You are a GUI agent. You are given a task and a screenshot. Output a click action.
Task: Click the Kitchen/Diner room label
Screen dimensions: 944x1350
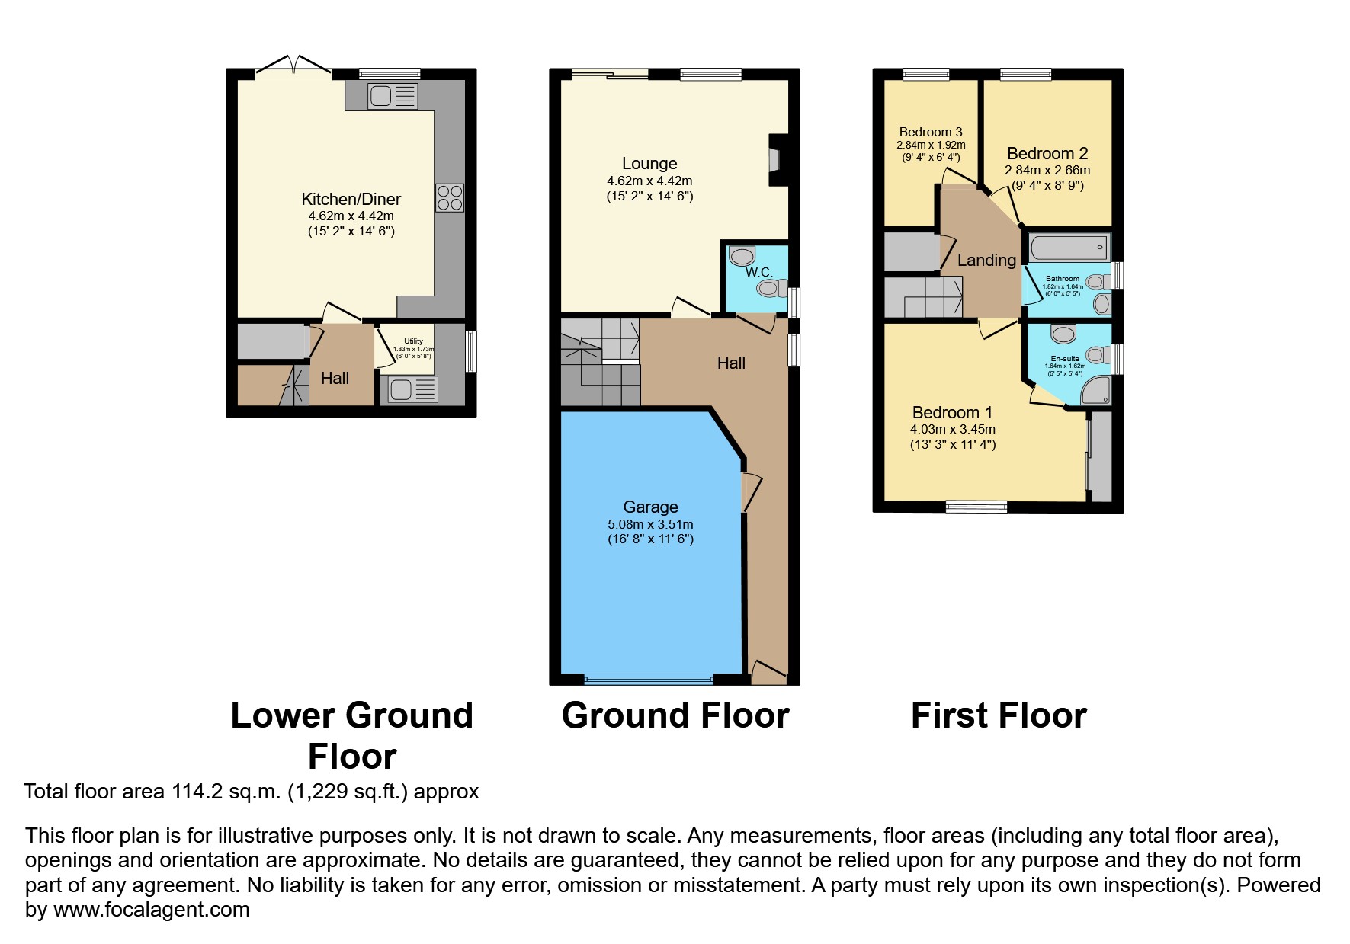[x=351, y=199]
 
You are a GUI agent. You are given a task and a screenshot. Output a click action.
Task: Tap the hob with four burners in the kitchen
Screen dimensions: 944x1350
[x=449, y=198]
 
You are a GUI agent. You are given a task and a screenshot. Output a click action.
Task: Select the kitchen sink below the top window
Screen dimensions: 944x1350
[x=393, y=96]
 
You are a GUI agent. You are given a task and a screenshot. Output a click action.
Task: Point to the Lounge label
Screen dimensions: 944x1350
[x=649, y=163]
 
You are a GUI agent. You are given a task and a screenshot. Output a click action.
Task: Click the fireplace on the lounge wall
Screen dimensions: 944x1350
[x=777, y=160]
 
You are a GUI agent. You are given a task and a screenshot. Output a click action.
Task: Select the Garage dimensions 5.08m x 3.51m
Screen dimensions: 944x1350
[x=650, y=524]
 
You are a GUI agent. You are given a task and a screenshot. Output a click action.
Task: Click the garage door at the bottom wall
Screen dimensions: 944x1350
[x=649, y=678]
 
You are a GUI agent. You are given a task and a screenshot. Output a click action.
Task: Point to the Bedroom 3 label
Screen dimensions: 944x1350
[x=930, y=132]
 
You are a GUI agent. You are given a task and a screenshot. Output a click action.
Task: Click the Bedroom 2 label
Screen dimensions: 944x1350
[x=1047, y=153]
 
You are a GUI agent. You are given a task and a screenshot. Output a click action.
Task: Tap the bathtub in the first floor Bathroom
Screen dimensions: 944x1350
[x=1067, y=248]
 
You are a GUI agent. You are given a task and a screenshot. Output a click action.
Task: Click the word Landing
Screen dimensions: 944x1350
[x=986, y=260]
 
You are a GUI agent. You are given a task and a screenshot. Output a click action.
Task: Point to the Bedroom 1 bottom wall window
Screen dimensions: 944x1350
[x=976, y=506]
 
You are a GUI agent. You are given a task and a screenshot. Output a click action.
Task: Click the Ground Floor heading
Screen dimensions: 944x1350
[x=675, y=715]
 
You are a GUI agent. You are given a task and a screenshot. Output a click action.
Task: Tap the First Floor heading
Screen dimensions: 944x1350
[x=999, y=715]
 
